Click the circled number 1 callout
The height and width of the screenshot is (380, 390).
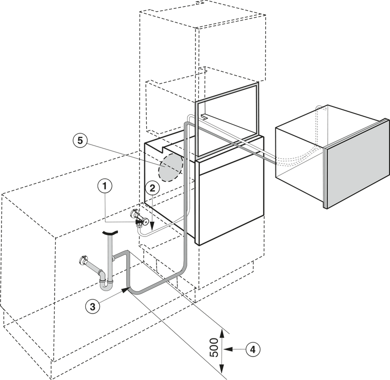click(104, 186)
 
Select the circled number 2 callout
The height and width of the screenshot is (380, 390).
click(152, 189)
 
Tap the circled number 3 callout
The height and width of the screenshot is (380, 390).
click(93, 306)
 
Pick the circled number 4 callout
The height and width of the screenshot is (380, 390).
click(253, 349)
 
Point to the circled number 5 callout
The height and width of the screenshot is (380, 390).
click(80, 141)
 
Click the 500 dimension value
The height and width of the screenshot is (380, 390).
click(214, 347)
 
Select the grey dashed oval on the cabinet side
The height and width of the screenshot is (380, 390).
click(171, 167)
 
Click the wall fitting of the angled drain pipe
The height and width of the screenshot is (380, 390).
click(82, 260)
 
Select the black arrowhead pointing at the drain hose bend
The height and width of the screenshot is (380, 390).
click(126, 290)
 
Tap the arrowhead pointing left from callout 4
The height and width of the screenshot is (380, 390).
click(228, 349)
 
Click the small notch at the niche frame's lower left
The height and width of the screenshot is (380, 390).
click(204, 116)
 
